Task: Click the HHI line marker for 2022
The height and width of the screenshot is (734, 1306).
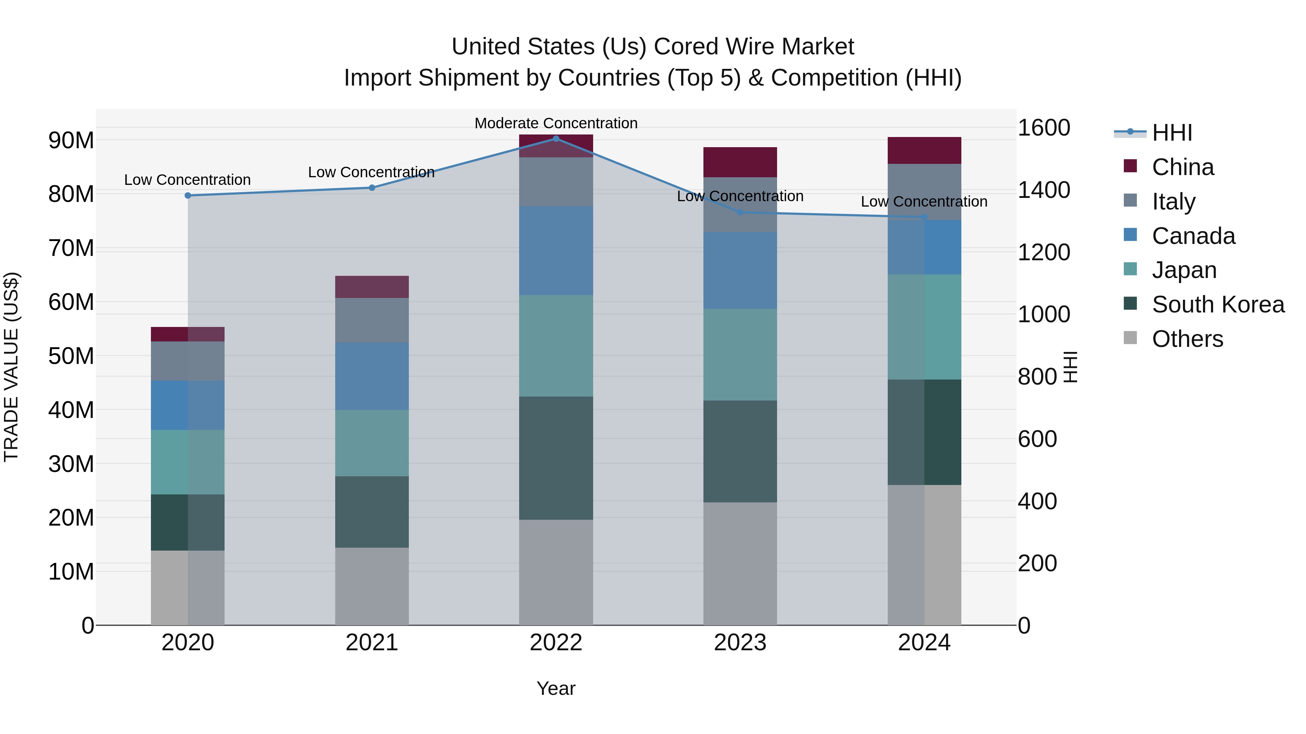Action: [556, 138]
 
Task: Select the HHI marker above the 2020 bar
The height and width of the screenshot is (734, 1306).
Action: [188, 195]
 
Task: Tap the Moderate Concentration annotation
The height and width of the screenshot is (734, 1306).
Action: [556, 123]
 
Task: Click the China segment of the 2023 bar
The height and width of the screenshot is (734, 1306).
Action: [740, 162]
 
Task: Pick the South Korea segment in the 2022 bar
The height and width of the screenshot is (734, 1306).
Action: [556, 457]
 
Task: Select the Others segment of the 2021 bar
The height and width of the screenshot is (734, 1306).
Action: [371, 586]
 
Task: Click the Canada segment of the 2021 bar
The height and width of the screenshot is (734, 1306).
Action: [371, 376]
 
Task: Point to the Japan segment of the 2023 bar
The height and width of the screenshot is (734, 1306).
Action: [740, 354]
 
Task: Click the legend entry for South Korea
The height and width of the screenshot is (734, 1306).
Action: [1218, 304]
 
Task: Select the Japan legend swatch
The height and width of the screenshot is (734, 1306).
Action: [1130, 269]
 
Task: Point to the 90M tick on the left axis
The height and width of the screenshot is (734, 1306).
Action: [71, 140]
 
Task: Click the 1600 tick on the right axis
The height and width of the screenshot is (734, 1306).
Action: [1043, 128]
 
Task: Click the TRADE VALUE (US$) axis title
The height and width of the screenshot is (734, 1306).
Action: [11, 367]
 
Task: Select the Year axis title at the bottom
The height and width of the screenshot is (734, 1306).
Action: [556, 688]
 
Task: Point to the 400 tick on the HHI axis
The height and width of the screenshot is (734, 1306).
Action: [1037, 501]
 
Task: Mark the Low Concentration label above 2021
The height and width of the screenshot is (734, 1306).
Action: [371, 172]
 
